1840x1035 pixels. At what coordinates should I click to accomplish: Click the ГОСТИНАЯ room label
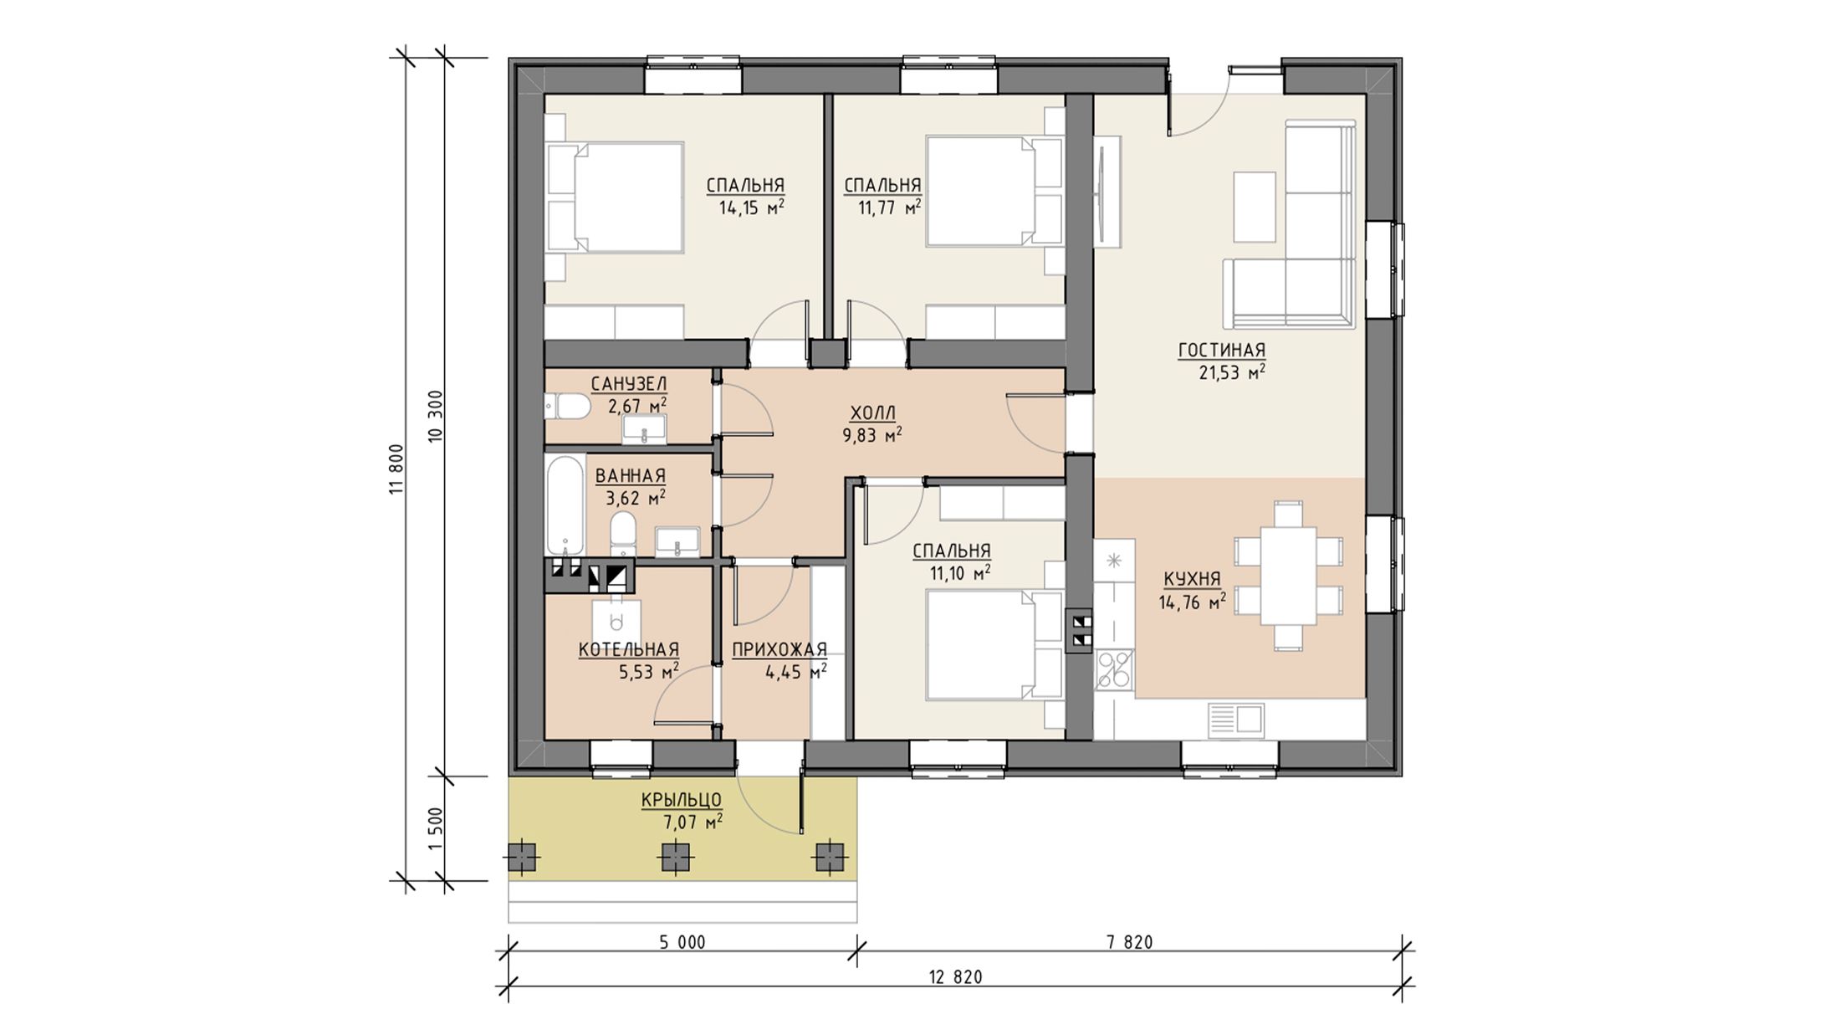(1221, 351)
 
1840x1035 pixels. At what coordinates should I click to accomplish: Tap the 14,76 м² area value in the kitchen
(1193, 602)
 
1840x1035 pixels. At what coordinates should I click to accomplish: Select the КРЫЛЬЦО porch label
(682, 801)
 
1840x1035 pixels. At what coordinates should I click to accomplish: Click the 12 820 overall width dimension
(955, 977)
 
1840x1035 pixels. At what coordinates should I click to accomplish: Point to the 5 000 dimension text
(682, 943)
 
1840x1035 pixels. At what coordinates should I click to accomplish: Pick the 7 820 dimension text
(1130, 943)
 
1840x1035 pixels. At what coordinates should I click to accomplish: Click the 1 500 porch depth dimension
(434, 828)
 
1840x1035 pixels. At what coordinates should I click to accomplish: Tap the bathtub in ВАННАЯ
(565, 505)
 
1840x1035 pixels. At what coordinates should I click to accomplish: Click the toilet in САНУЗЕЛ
(569, 408)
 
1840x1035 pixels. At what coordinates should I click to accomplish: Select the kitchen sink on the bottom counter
(1236, 720)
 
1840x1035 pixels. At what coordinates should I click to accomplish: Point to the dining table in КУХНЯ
(1288, 575)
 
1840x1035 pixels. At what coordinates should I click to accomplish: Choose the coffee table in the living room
(1255, 208)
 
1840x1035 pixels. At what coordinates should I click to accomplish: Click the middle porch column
(676, 858)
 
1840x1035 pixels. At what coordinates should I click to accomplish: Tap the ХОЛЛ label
(873, 413)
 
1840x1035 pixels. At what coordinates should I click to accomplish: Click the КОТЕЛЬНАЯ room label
(629, 650)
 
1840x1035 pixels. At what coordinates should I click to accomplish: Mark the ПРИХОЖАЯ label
(779, 650)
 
